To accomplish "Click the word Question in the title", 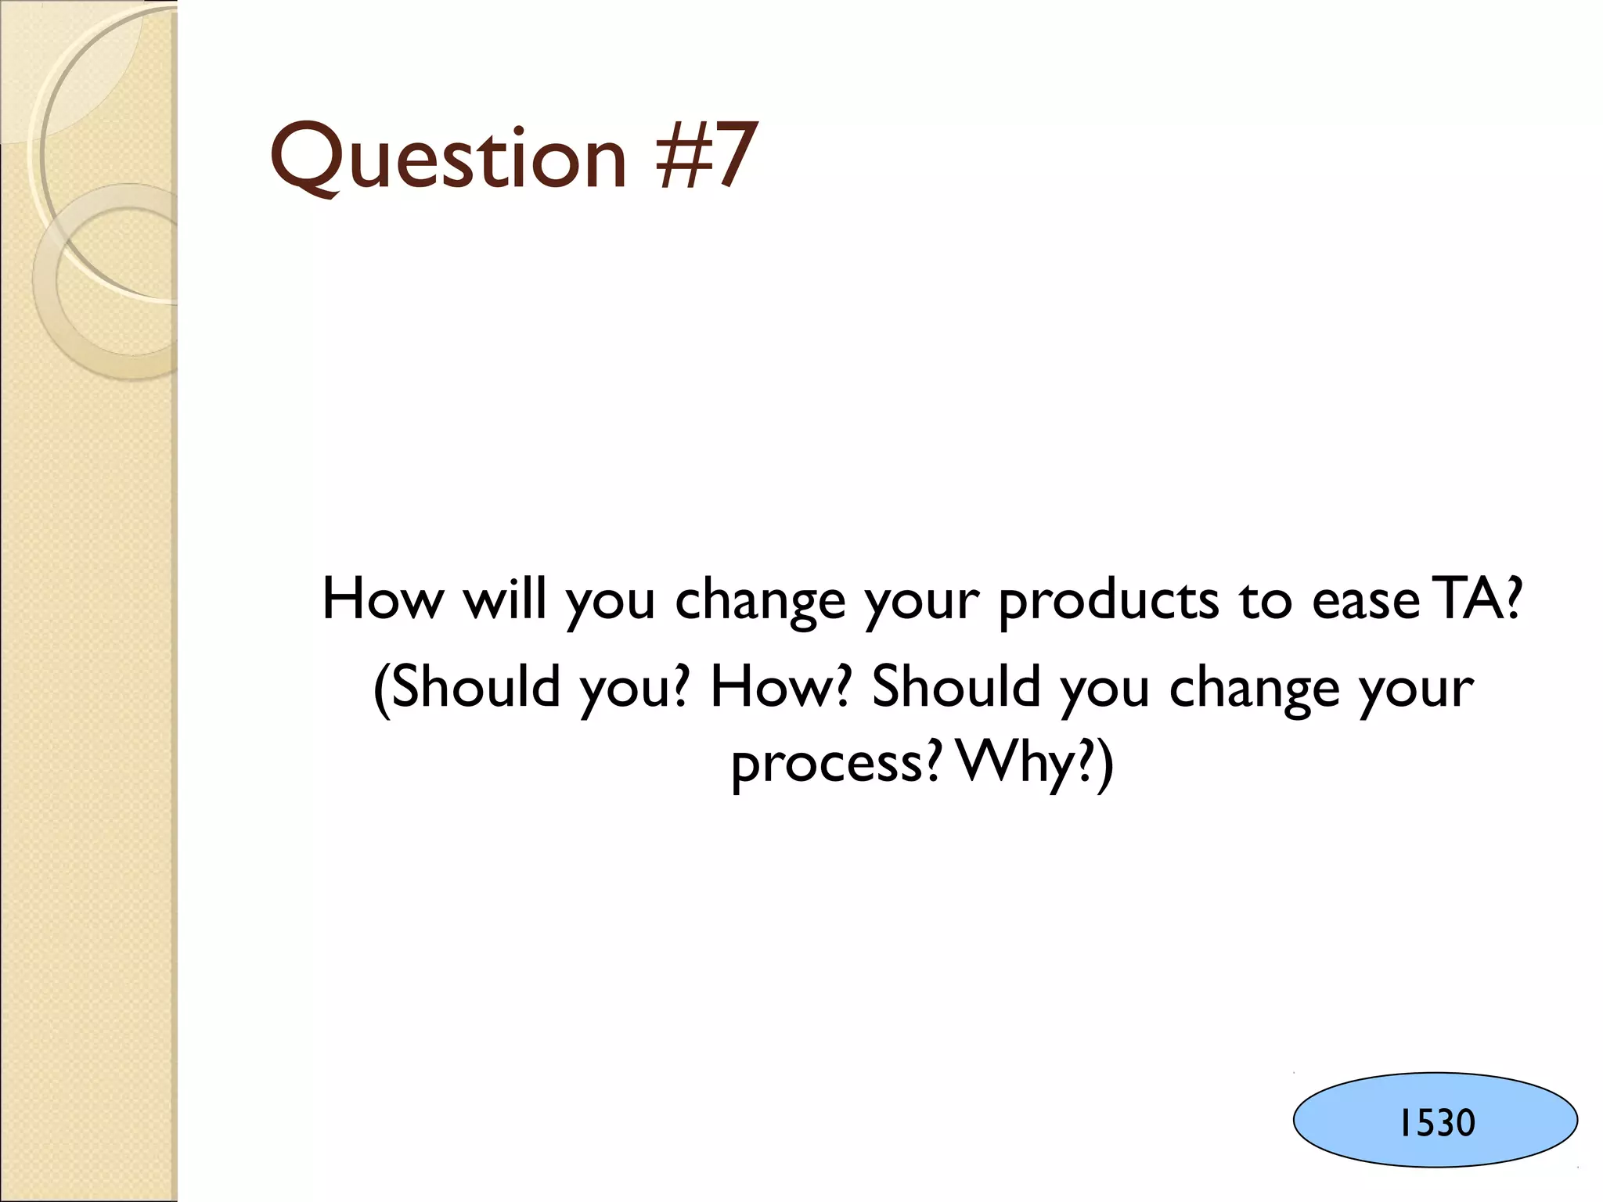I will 448,157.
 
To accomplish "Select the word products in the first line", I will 1108,601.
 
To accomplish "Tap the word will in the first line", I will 504,599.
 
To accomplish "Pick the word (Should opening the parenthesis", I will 467,686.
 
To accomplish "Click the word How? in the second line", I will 780,686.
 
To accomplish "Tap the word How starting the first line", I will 383,599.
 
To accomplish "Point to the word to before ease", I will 1265,601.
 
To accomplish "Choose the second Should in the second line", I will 956,686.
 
